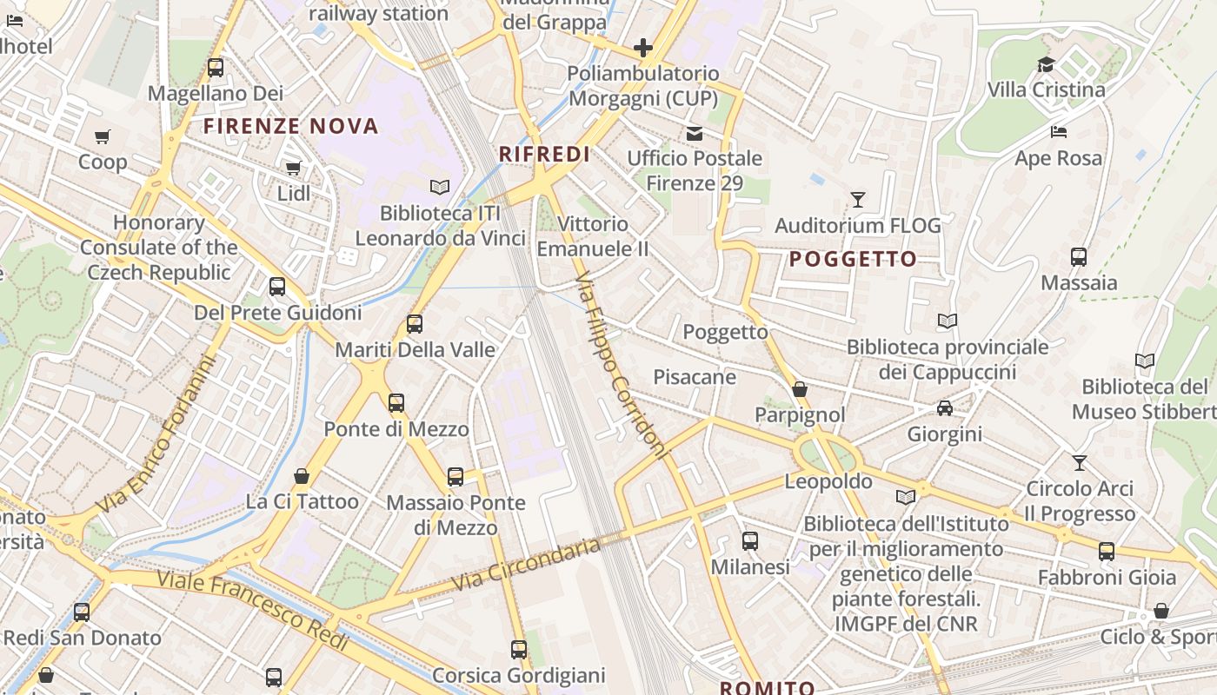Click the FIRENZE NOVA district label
point(291,127)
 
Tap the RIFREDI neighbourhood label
point(544,155)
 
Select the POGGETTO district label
point(853,259)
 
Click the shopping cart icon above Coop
point(103,136)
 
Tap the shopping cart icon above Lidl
point(293,168)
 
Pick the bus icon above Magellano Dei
point(215,67)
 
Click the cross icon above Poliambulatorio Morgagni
point(643,47)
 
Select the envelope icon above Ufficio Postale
point(695,133)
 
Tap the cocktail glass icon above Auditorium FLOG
point(858,200)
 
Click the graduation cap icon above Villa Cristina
point(1046,64)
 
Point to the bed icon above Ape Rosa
point(1058,132)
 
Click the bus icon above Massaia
point(1079,257)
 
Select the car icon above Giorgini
point(945,408)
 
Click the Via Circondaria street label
point(527,565)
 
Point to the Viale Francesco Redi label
point(253,610)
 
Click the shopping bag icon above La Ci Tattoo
point(302,476)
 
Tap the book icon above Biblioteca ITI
point(440,187)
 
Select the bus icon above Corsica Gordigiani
point(519,649)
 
